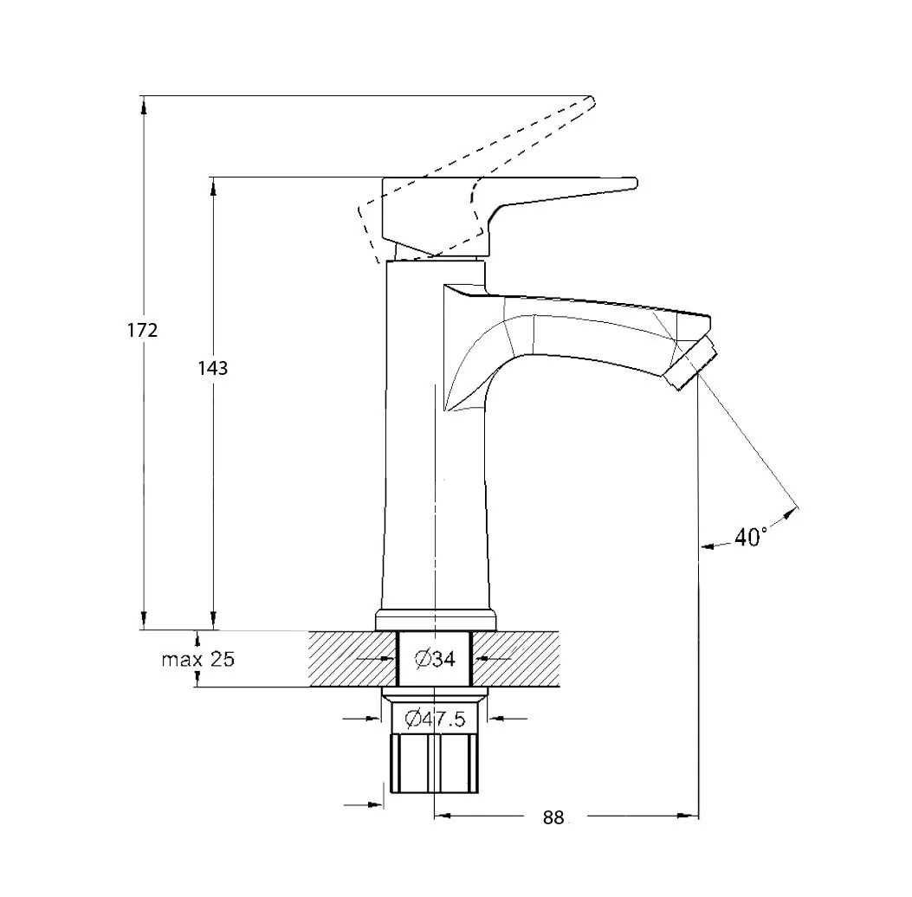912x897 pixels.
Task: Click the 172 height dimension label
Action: point(143,330)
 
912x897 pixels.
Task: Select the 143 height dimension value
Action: point(213,368)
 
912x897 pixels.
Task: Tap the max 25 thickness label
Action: point(198,659)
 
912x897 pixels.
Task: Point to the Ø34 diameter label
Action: point(435,659)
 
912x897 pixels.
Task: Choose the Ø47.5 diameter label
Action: point(435,720)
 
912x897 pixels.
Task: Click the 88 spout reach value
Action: point(553,817)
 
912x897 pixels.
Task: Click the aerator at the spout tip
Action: point(691,363)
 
